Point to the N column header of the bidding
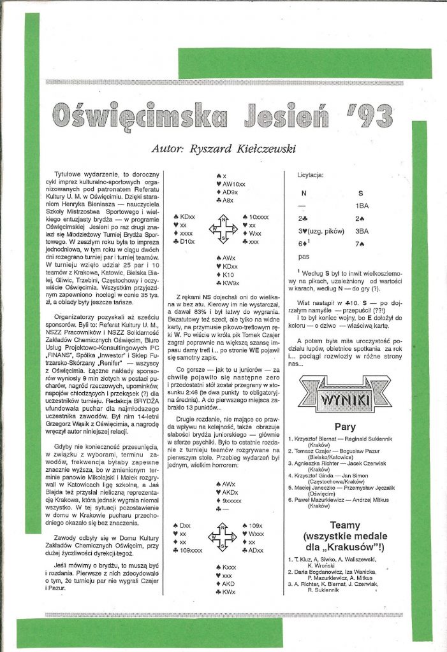coord(304,193)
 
